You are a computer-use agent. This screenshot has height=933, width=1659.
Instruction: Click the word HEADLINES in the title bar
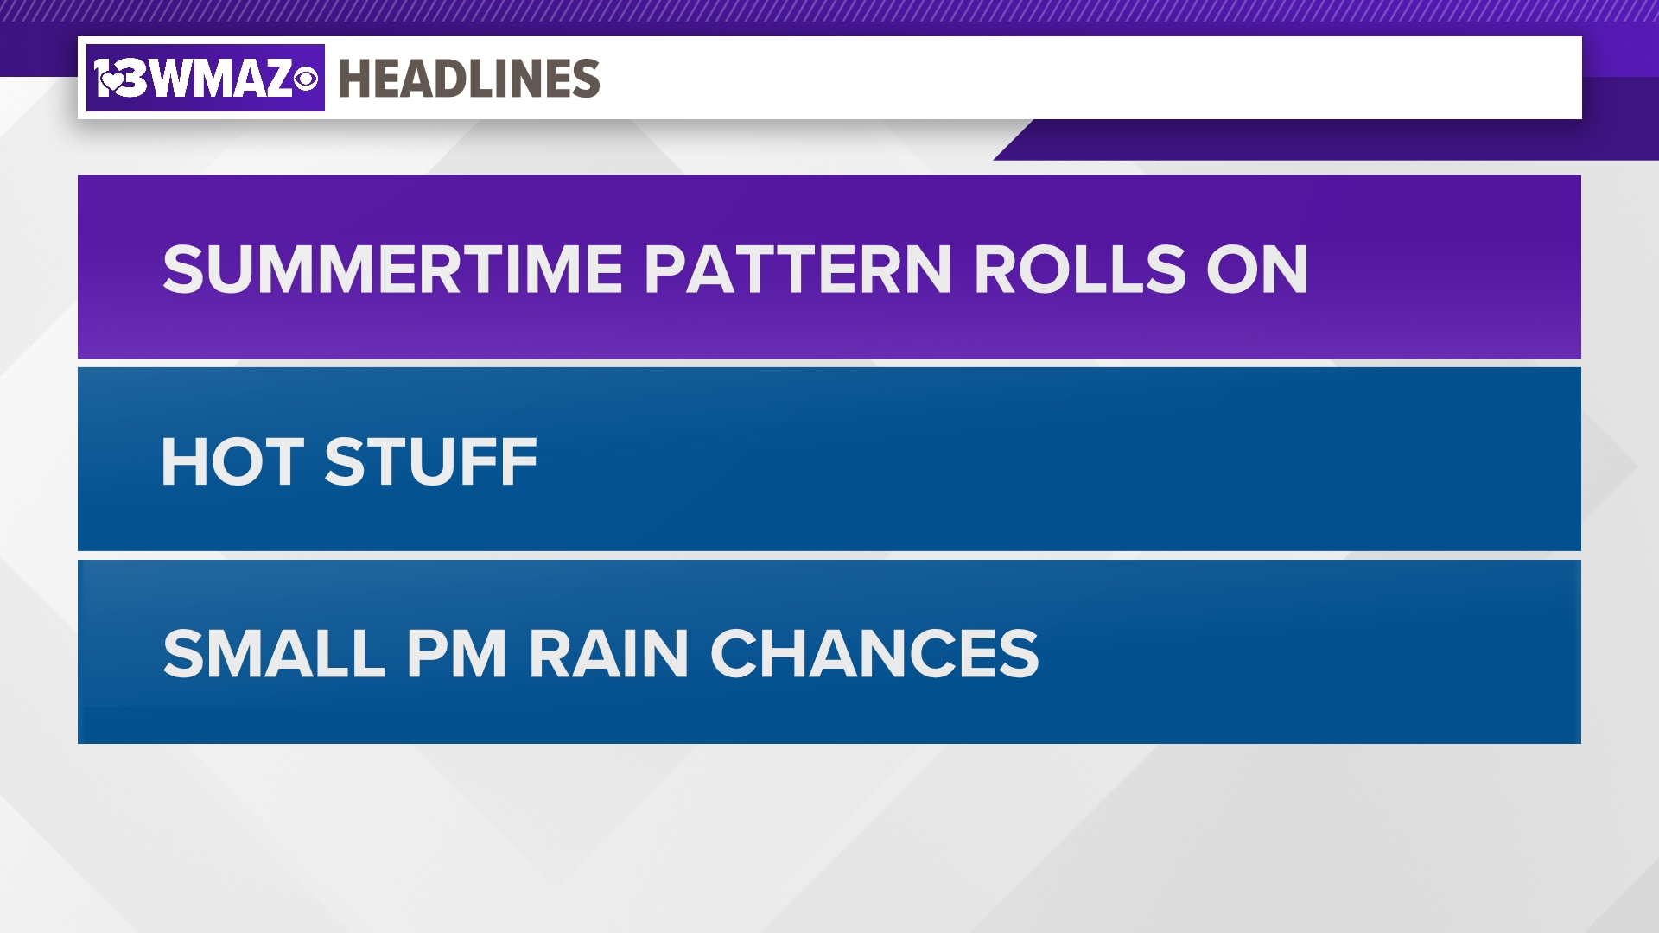click(x=469, y=79)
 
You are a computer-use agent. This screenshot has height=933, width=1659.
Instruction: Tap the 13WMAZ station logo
click(x=206, y=78)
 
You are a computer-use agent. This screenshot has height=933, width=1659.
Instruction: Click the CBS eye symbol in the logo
click(x=305, y=79)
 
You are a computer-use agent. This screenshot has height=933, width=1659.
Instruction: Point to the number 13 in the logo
click(x=122, y=79)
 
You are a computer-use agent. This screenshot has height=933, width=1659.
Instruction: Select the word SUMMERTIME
click(x=393, y=270)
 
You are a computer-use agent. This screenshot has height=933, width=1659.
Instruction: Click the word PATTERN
click(x=798, y=270)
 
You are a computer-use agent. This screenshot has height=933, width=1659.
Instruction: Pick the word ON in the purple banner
click(x=1257, y=270)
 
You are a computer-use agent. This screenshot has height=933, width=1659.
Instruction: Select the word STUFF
click(x=430, y=461)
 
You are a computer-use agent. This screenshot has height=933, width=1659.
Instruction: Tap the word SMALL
click(x=274, y=653)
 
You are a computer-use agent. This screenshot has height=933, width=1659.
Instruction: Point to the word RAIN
click(x=608, y=653)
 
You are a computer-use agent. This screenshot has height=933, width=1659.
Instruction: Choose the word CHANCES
click(x=874, y=653)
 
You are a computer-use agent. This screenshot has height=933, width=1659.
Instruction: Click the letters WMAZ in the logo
click(x=222, y=79)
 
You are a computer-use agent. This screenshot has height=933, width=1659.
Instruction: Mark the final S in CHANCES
click(x=1017, y=653)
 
